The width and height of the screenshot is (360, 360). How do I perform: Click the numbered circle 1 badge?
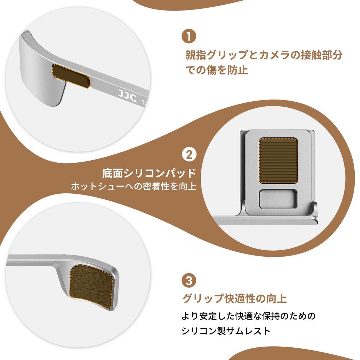pyautogui.click(x=189, y=37)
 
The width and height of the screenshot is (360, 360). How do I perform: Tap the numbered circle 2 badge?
pyautogui.click(x=189, y=155)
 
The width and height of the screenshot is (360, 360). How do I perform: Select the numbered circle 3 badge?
pyautogui.click(x=189, y=281)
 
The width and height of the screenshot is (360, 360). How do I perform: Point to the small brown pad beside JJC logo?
pyautogui.click(x=71, y=76)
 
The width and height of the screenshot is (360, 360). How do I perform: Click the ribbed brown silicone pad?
pyautogui.click(x=279, y=160)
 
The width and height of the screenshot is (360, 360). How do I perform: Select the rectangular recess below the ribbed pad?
pyautogui.click(x=278, y=199)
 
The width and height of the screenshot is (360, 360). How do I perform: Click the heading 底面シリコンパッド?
pyautogui.click(x=149, y=173)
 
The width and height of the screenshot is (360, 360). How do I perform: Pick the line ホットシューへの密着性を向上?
pyautogui.click(x=134, y=186)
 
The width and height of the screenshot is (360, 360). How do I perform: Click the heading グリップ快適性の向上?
pyautogui.click(x=234, y=299)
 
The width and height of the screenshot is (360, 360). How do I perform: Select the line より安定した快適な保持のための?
pyautogui.click(x=249, y=316)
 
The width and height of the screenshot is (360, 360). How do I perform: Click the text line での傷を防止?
pyautogui.click(x=217, y=70)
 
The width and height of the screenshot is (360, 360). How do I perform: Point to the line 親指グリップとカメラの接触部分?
pyautogui.click(x=264, y=55)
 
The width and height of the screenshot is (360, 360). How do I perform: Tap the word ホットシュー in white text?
pyautogui.click(x=93, y=186)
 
